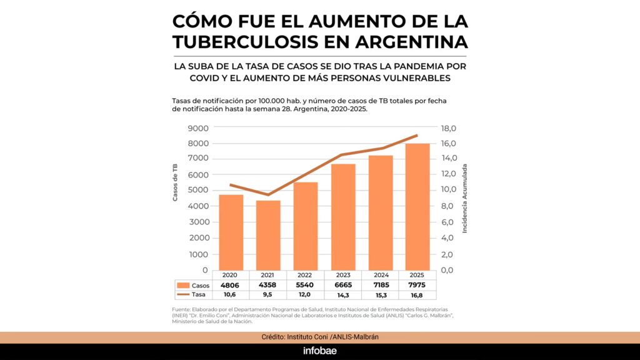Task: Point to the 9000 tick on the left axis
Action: coord(198,128)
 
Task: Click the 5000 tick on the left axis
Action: coord(198,191)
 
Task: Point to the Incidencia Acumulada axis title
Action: coord(465,199)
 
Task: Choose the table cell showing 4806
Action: coord(231,285)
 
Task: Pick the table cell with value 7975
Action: coord(417,285)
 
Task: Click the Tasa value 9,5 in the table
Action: coord(268,294)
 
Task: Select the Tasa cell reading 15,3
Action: coord(380,294)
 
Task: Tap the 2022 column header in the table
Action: coord(306,275)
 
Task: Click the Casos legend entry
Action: coord(193,285)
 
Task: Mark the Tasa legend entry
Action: coord(193,294)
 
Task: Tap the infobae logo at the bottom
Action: coord(320,351)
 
